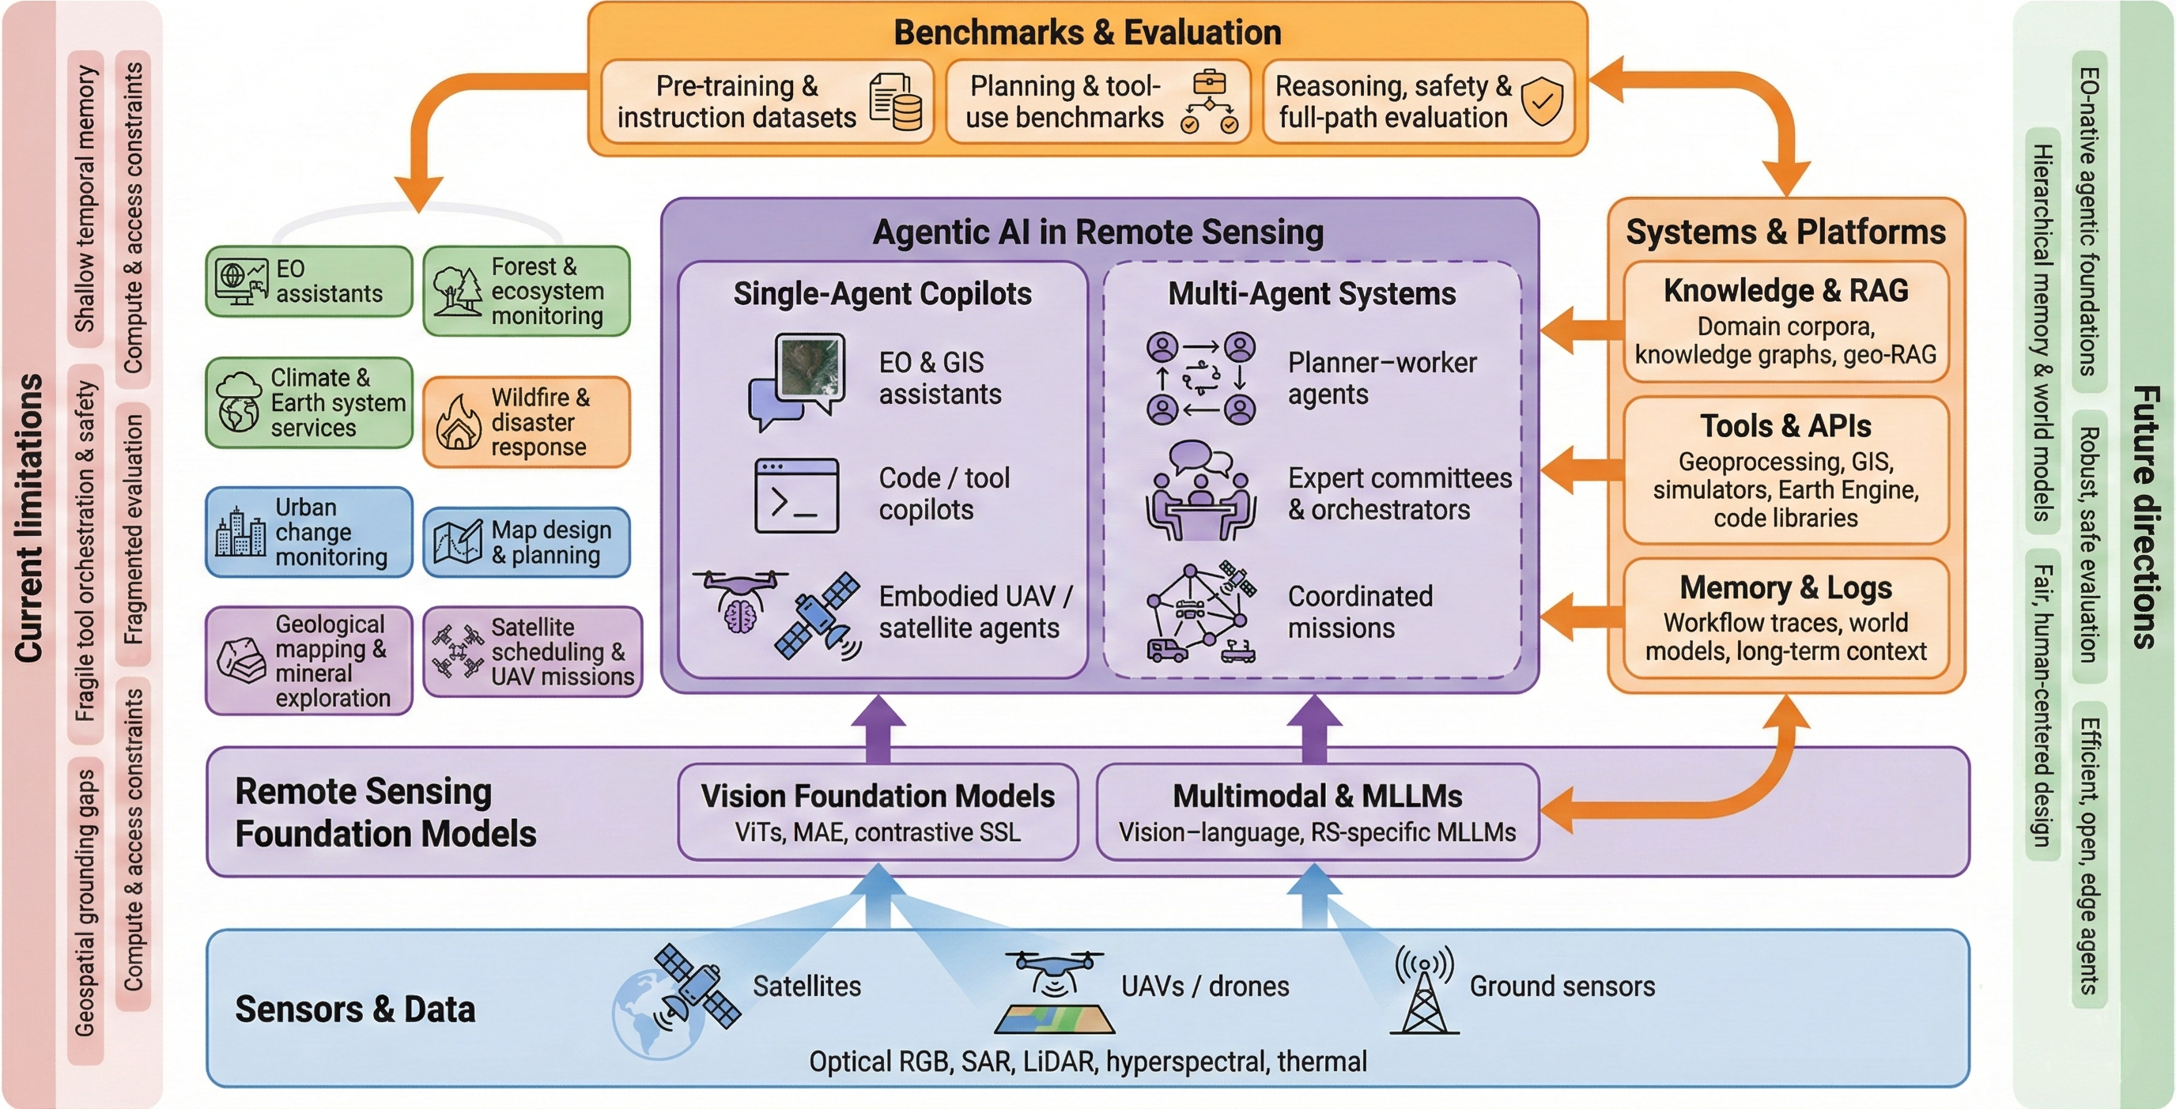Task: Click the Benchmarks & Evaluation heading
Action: tap(1087, 33)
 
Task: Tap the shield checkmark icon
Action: tap(1542, 101)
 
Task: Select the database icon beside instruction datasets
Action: tap(896, 101)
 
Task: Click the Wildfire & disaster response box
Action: tap(527, 421)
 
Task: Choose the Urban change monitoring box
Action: tap(309, 532)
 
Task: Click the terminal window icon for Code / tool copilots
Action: tap(795, 496)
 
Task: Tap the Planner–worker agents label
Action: tap(1381, 379)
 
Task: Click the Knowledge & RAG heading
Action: tap(1785, 291)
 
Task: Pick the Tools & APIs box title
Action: tap(1785, 426)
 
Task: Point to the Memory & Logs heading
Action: tap(1785, 587)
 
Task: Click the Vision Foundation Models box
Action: tap(878, 812)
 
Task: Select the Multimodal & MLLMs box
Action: tap(1317, 812)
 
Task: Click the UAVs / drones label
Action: tap(1204, 986)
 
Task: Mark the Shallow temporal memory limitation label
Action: tap(85, 198)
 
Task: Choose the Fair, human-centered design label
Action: tap(2042, 704)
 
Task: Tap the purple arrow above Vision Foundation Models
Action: tap(878, 729)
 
